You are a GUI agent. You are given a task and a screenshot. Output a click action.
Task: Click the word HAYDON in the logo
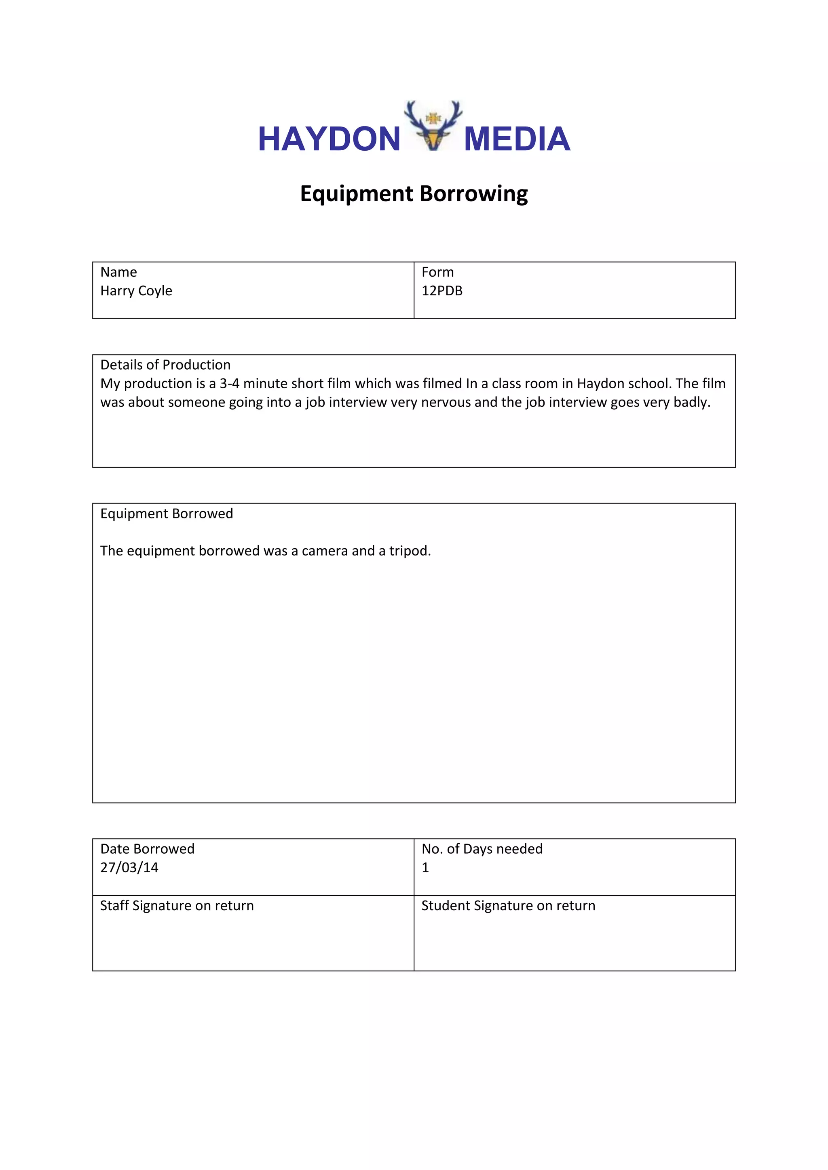(x=329, y=139)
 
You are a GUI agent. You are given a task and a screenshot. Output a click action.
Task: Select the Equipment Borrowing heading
(x=414, y=194)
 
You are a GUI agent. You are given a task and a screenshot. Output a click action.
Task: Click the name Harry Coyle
(x=136, y=290)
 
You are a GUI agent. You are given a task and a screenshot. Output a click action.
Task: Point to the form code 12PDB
(x=441, y=290)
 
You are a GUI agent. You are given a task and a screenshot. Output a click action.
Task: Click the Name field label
(x=118, y=272)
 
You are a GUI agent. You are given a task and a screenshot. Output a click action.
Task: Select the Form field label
(x=437, y=272)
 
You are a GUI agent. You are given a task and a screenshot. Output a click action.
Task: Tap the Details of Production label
(x=165, y=365)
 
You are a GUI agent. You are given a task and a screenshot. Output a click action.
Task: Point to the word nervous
(x=445, y=402)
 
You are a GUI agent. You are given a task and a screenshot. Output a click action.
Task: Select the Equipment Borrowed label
(x=166, y=513)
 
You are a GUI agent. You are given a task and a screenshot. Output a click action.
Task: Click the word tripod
(x=410, y=551)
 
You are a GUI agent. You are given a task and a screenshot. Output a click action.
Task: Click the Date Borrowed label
(x=147, y=849)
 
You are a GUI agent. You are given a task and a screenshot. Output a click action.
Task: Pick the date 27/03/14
(x=129, y=867)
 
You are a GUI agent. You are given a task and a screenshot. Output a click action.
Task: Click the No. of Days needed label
(x=482, y=849)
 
